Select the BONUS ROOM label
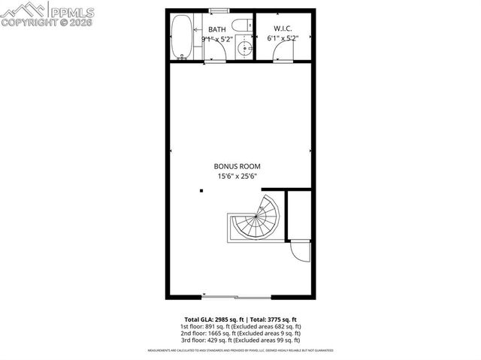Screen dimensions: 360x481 (x=236, y=166)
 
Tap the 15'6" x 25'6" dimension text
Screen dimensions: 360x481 (x=236, y=177)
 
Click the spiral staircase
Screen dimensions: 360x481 (x=256, y=219)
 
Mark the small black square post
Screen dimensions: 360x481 (x=201, y=192)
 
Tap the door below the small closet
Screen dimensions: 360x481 (x=300, y=251)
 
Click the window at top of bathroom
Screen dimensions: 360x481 (x=219, y=11)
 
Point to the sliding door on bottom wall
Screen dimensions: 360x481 (x=236, y=296)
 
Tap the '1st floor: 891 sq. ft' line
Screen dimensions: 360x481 (x=240, y=327)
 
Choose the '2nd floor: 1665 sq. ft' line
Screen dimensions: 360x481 (x=240, y=334)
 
